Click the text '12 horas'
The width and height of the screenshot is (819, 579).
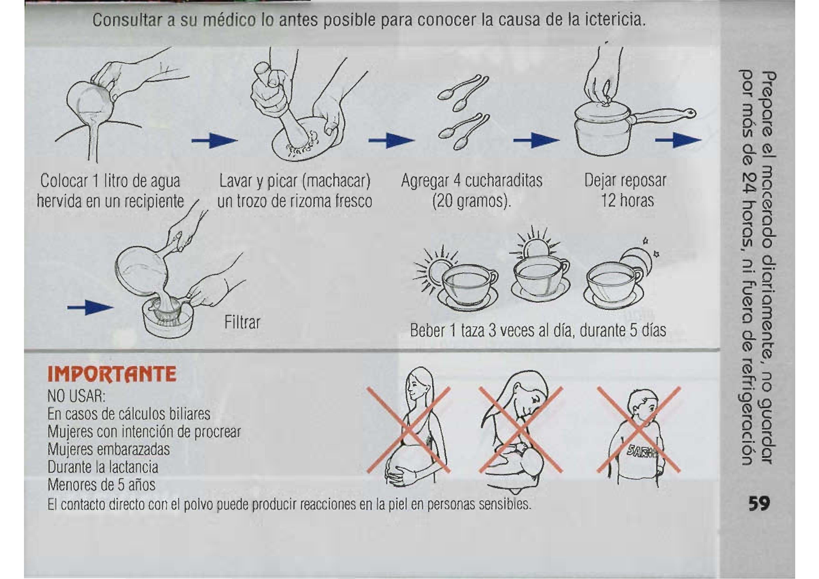pos(628,200)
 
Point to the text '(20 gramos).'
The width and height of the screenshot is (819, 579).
pos(471,200)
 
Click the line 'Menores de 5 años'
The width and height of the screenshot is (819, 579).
pos(102,484)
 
